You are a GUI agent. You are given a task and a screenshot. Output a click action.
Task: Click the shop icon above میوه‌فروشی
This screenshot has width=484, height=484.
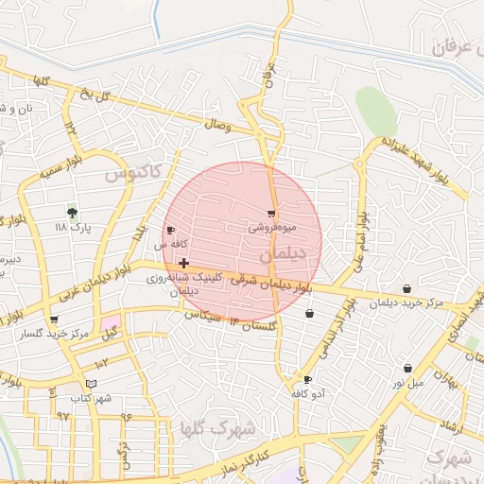tap(272, 214)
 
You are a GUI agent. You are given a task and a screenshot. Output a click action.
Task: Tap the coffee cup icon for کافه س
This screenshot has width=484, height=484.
tap(170, 230)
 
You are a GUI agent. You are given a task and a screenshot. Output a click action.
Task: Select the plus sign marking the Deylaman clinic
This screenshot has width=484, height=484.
tap(182, 263)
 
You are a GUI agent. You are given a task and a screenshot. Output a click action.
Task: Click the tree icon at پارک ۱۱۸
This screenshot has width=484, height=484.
tap(71, 212)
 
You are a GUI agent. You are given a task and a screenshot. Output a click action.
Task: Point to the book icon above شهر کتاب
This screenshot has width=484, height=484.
tap(91, 383)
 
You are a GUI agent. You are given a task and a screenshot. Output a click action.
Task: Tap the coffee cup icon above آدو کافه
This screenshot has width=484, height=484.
tap(307, 378)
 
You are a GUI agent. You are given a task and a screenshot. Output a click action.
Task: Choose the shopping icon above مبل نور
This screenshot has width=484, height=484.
tap(407, 368)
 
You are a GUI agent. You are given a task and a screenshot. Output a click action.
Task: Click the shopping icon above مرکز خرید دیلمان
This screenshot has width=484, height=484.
tap(406, 288)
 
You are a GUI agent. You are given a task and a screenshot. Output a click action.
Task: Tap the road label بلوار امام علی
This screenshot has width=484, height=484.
tap(360, 240)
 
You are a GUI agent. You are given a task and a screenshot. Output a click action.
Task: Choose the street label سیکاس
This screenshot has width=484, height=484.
tap(199, 312)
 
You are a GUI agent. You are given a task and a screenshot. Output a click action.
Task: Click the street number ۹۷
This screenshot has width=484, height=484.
tap(64, 415)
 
